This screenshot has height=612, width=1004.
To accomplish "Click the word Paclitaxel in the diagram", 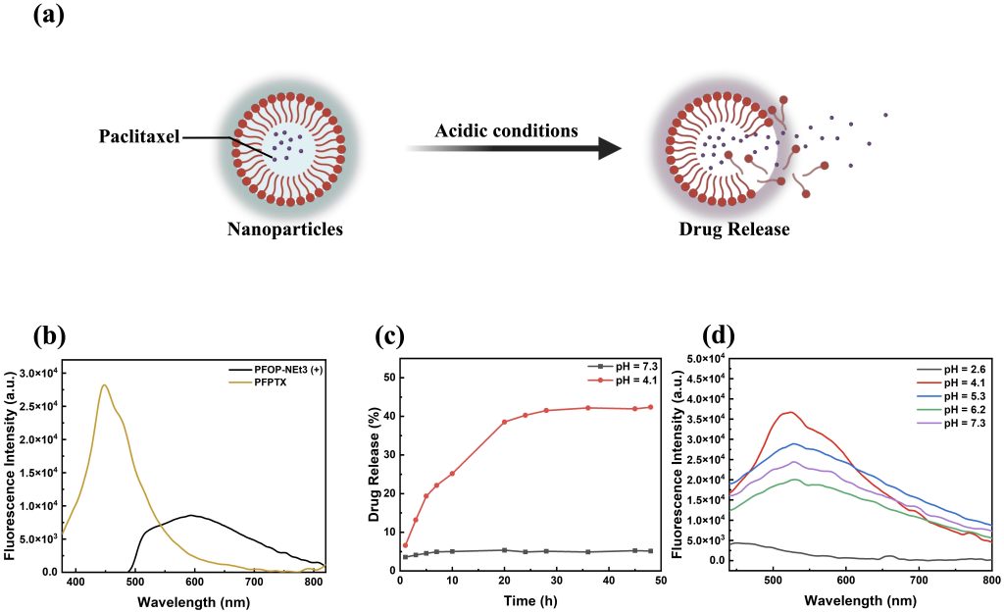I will point(138,136).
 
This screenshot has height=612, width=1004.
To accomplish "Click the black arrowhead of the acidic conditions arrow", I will point(610,149).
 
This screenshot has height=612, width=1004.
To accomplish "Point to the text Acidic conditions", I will point(507,129).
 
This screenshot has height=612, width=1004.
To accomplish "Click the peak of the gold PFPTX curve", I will point(104,385).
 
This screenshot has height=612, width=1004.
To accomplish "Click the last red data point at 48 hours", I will point(649,407).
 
